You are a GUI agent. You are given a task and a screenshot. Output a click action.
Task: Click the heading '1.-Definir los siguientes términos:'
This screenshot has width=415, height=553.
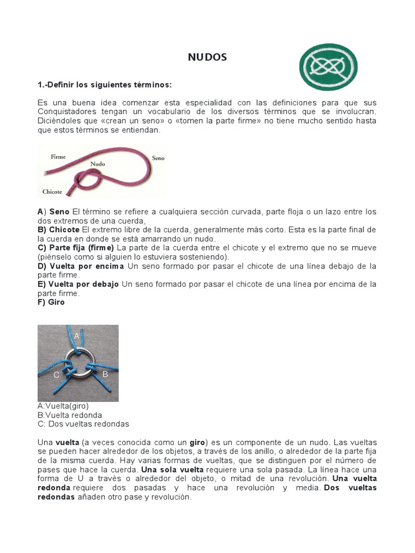click(x=104, y=85)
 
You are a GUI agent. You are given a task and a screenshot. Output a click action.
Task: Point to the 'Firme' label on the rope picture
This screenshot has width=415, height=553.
click(x=58, y=157)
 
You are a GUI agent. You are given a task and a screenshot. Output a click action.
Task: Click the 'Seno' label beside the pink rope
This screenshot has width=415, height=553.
click(x=158, y=158)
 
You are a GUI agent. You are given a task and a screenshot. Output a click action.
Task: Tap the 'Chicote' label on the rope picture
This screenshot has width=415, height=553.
click(x=52, y=192)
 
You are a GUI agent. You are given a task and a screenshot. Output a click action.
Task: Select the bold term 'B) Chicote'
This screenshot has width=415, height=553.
click(x=58, y=230)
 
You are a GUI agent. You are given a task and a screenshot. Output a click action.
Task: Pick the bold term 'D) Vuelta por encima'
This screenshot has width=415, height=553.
click(x=81, y=266)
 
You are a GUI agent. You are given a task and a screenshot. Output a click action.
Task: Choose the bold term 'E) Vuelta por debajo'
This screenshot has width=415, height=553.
click(x=78, y=284)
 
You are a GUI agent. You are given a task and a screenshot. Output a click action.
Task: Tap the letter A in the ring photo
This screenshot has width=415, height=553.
click(x=77, y=336)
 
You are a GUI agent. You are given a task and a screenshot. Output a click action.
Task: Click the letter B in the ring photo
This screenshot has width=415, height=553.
click(x=105, y=374)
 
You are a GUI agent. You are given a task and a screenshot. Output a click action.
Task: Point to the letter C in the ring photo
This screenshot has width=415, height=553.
click(x=56, y=374)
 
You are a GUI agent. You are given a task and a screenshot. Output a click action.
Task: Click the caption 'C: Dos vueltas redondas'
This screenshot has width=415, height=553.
click(x=83, y=424)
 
